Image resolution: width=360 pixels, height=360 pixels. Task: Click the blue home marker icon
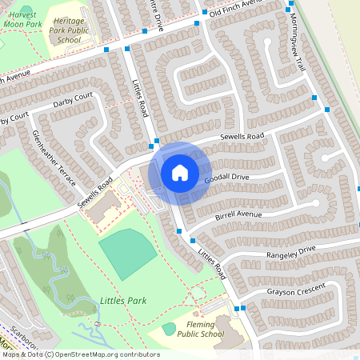coord(180,172)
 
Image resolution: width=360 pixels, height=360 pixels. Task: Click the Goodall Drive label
coord(226,178)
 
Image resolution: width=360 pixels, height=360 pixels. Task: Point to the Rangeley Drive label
coord(292,251)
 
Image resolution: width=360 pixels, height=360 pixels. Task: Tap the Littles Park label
coord(122,302)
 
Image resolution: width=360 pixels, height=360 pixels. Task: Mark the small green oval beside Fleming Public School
coord(169,328)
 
